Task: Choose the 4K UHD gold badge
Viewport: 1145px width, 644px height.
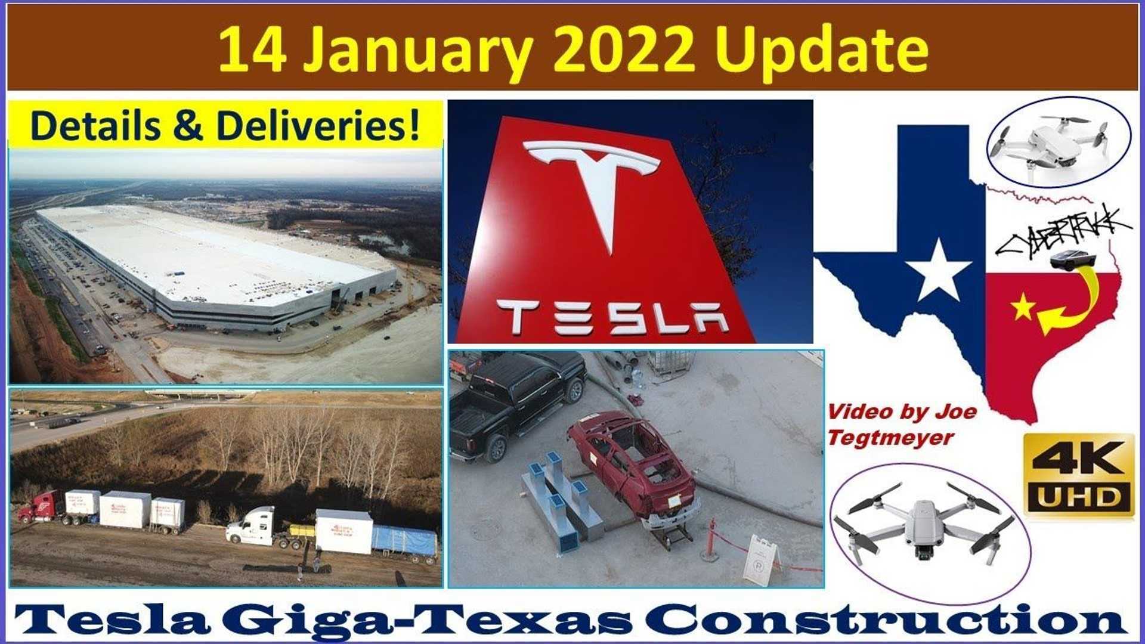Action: point(1079,475)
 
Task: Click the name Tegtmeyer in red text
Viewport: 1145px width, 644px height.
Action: point(890,438)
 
